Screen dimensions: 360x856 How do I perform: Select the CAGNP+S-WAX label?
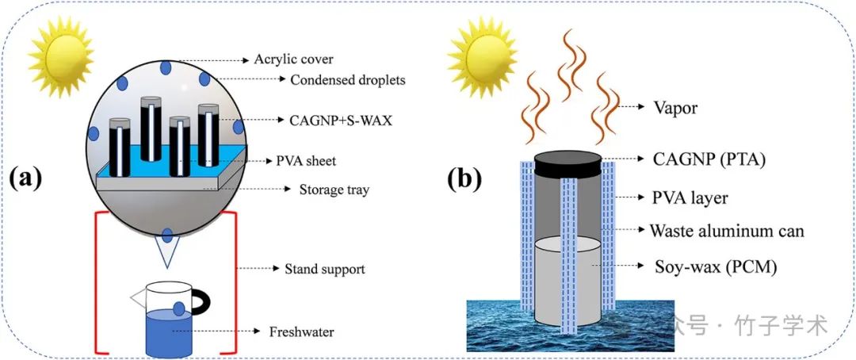pos(331,121)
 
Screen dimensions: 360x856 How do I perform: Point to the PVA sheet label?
pos(307,161)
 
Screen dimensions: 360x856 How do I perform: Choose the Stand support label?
pos(324,269)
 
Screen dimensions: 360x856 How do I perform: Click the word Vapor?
pos(674,108)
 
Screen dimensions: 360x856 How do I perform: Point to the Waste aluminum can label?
pos(727,231)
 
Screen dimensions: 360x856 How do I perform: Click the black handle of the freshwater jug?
pos(204,306)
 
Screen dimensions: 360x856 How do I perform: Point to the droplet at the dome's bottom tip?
pos(168,235)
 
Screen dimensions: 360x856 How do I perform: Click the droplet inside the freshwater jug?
pos(180,308)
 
